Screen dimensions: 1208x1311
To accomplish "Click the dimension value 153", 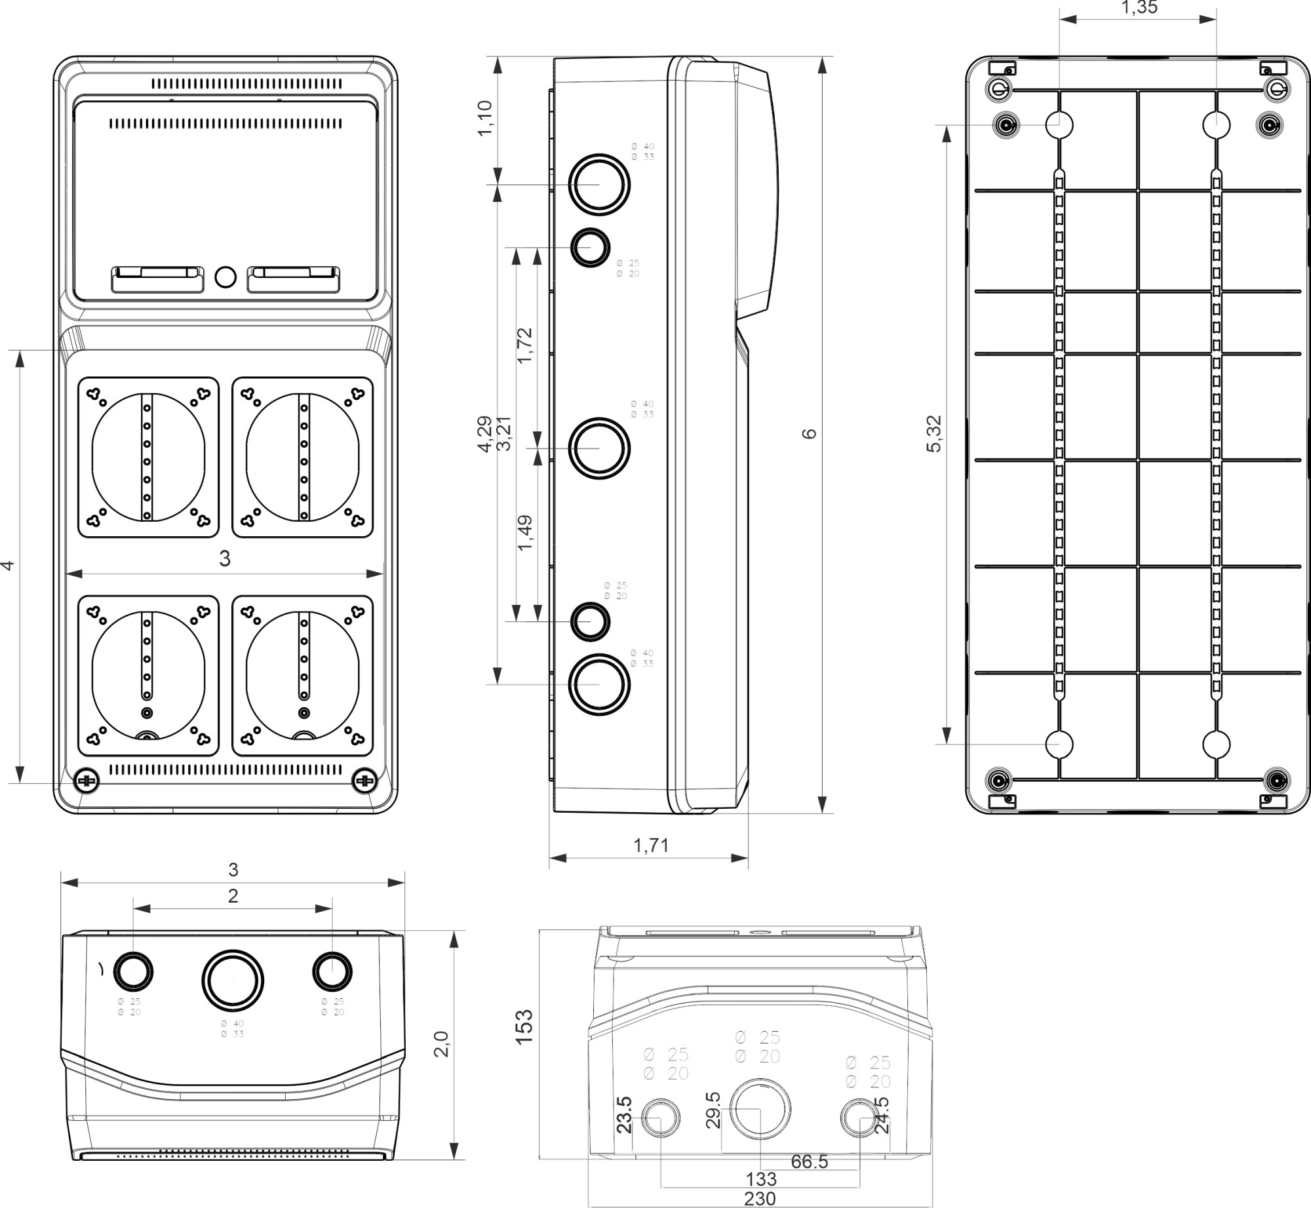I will click(524, 1026).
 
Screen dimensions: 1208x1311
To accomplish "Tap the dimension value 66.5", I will click(809, 1161).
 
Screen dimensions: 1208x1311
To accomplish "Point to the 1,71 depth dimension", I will click(651, 846).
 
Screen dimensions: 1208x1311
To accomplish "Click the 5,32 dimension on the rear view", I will click(934, 433).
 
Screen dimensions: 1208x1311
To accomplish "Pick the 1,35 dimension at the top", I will click(1139, 8).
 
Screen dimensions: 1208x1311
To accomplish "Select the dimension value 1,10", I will click(485, 118).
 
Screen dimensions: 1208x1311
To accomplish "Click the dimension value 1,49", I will click(525, 533).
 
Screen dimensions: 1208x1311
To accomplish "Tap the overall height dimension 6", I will click(810, 433).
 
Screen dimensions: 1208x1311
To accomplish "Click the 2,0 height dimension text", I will click(442, 1044).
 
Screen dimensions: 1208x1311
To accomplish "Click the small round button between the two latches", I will click(225, 277).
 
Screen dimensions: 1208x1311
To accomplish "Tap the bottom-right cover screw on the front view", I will click(364, 781).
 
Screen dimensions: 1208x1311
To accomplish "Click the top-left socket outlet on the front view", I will click(148, 458).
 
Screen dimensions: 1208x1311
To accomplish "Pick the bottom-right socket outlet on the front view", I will click(303, 676).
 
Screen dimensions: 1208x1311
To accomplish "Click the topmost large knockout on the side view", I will click(598, 184).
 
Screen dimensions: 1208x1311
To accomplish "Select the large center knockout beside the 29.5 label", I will click(760, 1108).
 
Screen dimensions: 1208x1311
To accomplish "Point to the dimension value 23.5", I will click(624, 1114).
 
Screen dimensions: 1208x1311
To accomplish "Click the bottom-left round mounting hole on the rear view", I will click(1059, 745).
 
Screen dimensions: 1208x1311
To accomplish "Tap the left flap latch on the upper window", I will click(157, 279).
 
